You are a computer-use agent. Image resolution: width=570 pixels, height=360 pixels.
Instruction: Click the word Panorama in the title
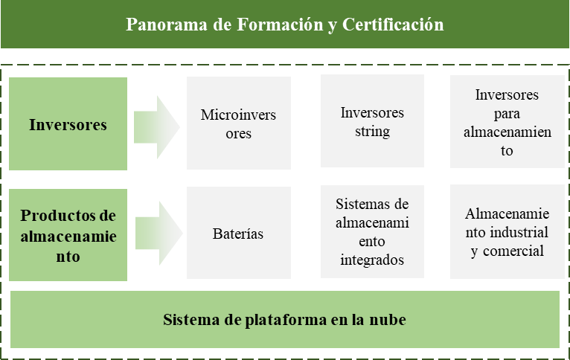click(x=167, y=25)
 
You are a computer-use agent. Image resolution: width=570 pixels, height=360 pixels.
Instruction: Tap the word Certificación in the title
click(x=393, y=25)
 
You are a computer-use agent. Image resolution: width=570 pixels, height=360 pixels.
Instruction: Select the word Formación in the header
click(x=280, y=25)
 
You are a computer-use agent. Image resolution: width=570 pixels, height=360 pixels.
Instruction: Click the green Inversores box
click(x=68, y=123)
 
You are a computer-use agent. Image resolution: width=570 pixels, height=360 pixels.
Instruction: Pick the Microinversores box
click(x=239, y=123)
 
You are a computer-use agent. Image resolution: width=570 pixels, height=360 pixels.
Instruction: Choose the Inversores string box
click(x=372, y=121)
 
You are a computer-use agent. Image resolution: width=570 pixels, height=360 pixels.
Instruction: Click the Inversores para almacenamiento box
click(x=507, y=121)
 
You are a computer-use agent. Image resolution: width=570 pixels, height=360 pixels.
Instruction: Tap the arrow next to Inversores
click(x=157, y=127)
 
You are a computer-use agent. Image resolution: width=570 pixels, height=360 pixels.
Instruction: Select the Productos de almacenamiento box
click(x=68, y=235)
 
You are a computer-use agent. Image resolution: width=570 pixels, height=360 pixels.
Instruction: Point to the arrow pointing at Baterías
click(x=158, y=234)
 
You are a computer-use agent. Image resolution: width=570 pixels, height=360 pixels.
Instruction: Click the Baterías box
click(x=239, y=233)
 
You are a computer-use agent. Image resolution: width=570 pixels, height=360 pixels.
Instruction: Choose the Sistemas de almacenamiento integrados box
click(x=372, y=232)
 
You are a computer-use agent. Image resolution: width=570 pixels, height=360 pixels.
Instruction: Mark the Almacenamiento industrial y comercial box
click(x=507, y=232)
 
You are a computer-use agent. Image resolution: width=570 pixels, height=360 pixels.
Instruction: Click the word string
click(x=372, y=132)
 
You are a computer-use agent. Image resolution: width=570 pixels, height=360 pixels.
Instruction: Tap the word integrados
click(x=372, y=260)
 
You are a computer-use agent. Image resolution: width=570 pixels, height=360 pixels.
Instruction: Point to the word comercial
click(x=513, y=251)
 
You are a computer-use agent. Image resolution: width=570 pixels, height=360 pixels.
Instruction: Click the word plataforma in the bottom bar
click(x=286, y=320)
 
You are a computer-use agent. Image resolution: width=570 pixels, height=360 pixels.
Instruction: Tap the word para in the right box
click(x=507, y=114)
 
